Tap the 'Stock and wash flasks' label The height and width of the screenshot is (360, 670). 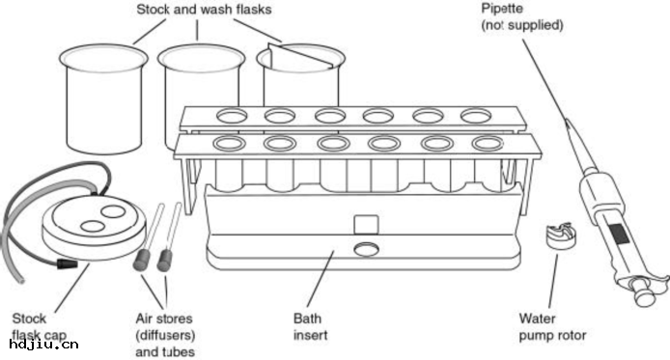tap(204, 10)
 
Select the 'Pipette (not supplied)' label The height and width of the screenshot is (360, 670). tap(521, 16)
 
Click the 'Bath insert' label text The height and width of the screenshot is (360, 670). tap(310, 326)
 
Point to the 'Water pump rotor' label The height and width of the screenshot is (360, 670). tap(552, 326)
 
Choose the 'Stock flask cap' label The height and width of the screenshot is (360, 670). tap(39, 326)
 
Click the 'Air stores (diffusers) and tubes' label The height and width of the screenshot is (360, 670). tap(165, 335)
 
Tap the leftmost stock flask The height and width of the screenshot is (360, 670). tap(103, 98)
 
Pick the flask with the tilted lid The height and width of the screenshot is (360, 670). tap(301, 74)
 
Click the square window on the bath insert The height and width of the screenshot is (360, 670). tap(366, 225)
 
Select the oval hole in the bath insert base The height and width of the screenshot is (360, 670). tap(366, 249)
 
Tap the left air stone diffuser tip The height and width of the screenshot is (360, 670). tap(142, 260)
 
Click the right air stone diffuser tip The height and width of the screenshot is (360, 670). tap(164, 261)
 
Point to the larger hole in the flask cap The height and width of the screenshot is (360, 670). tap(113, 211)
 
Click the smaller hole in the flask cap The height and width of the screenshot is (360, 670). tap(93, 226)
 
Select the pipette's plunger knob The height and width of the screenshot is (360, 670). tap(644, 296)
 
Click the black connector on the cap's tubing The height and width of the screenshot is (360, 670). tap(67, 263)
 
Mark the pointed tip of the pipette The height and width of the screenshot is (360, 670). tap(567, 122)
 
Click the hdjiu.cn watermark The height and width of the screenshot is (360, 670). tap(43, 345)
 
